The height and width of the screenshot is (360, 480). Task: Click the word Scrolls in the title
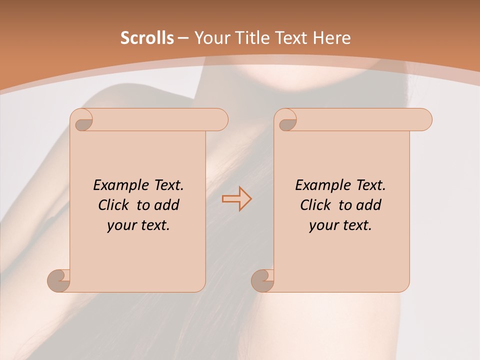pyautogui.click(x=147, y=38)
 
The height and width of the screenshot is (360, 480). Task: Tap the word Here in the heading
pyautogui.click(x=331, y=38)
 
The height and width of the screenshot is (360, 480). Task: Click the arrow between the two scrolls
pyautogui.click(x=236, y=198)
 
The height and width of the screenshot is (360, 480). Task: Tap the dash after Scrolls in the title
pyautogui.click(x=183, y=38)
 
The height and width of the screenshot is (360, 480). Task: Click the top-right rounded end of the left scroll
pyautogui.click(x=220, y=120)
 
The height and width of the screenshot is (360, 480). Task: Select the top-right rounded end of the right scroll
pyautogui.click(x=424, y=120)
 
